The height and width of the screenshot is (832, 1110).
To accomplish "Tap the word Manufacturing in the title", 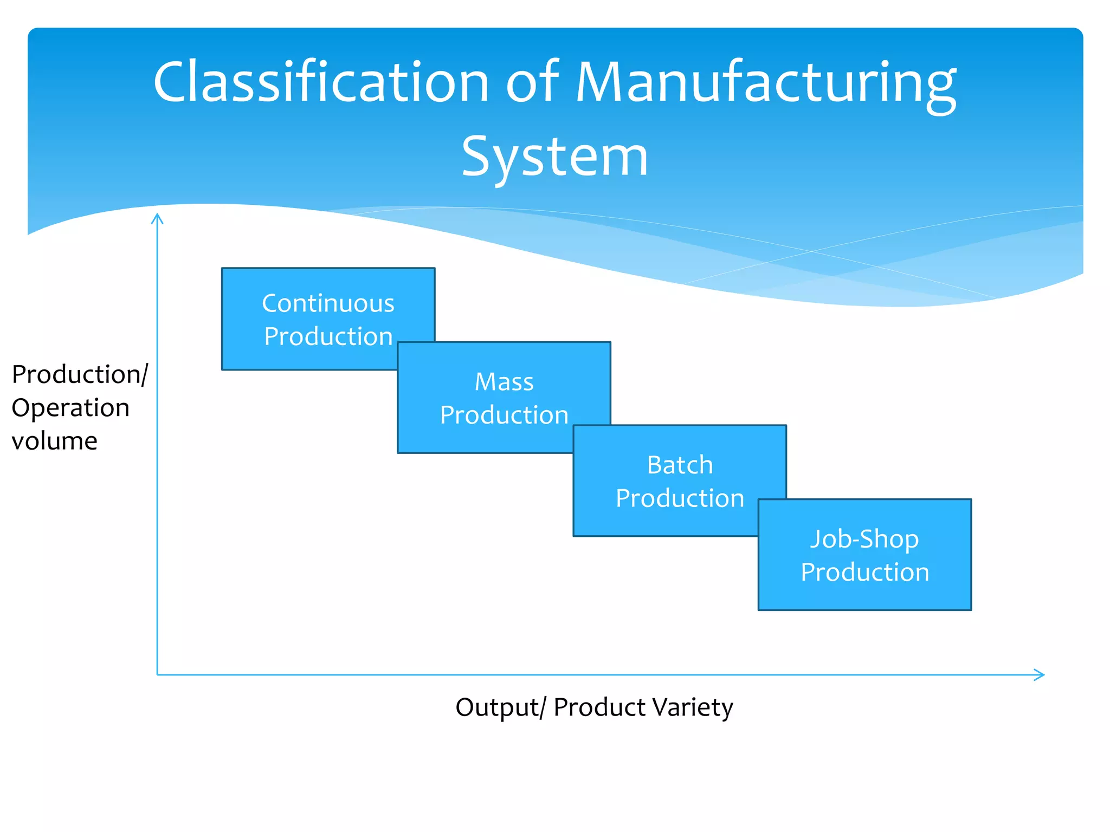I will tap(765, 82).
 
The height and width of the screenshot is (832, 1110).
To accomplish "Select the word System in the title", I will tap(554, 157).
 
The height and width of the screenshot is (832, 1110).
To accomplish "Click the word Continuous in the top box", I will tap(328, 303).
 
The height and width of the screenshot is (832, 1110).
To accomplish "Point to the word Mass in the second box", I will tap(504, 382).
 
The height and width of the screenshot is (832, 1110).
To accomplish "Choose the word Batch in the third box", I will tap(680, 465).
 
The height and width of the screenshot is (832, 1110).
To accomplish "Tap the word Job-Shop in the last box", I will tap(864, 539).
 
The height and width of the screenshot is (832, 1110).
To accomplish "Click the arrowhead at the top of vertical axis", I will tap(157, 218).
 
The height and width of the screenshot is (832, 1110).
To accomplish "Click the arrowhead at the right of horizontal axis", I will tap(1040, 675).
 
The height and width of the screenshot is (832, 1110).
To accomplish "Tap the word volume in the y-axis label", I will tap(55, 441).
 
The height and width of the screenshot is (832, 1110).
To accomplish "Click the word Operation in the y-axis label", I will tap(70, 408).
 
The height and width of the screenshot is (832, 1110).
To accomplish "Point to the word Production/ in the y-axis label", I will tap(80, 375).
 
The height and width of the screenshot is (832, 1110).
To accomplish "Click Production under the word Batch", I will tap(680, 498).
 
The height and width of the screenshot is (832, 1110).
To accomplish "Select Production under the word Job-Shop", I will tap(864, 573).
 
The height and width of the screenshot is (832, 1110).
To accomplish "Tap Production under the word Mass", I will tap(504, 415).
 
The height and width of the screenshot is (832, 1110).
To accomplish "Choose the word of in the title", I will tap(532, 82).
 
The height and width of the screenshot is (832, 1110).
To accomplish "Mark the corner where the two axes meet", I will tap(157, 675).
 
